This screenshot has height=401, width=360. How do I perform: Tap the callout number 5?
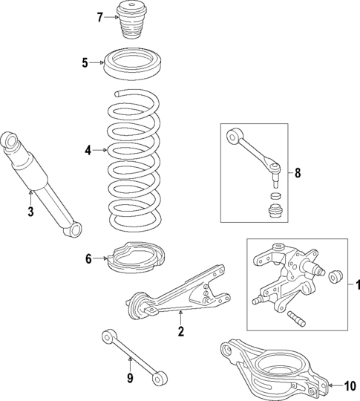85,62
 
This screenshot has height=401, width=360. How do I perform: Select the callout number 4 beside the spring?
88,151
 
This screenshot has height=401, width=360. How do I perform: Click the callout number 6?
88,259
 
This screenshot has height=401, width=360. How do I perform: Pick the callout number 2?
180,331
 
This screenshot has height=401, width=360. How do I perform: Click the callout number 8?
298,173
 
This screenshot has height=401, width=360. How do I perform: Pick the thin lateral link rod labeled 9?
133,358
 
